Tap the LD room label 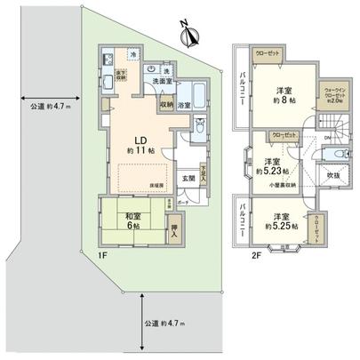point(140,140)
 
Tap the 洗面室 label point(160,82)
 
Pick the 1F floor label point(102,254)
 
